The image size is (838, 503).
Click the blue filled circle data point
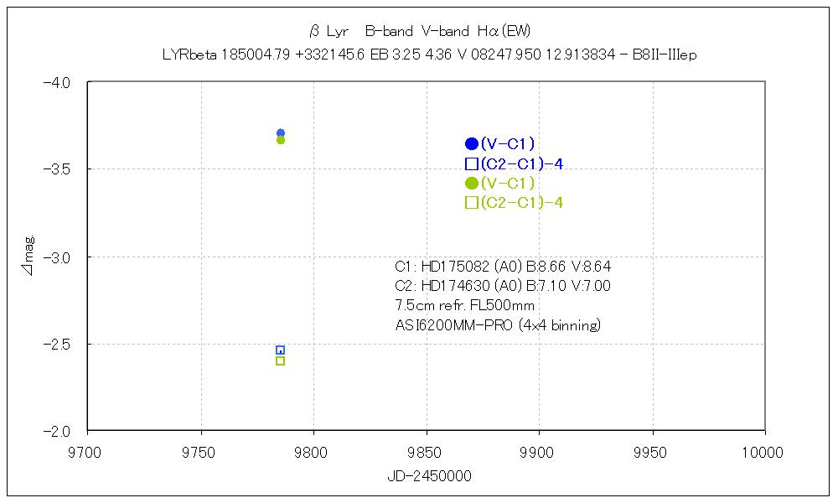click(281, 132)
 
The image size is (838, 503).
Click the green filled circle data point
click(281, 140)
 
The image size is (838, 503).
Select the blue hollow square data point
click(280, 350)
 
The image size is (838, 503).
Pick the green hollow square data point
click(280, 360)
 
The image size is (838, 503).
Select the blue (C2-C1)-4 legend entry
click(514, 163)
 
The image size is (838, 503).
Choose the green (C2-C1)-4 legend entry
click(514, 202)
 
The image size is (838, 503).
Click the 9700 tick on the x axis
click(88, 453)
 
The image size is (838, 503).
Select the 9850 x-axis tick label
click(427, 453)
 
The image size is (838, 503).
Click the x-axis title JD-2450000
click(429, 476)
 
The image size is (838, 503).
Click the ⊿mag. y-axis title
click(29, 257)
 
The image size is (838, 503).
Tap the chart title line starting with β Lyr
click(419, 32)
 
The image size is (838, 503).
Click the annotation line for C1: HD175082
click(503, 267)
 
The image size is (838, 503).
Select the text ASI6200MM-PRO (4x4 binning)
click(498, 325)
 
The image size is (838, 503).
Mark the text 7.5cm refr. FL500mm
click(464, 305)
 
